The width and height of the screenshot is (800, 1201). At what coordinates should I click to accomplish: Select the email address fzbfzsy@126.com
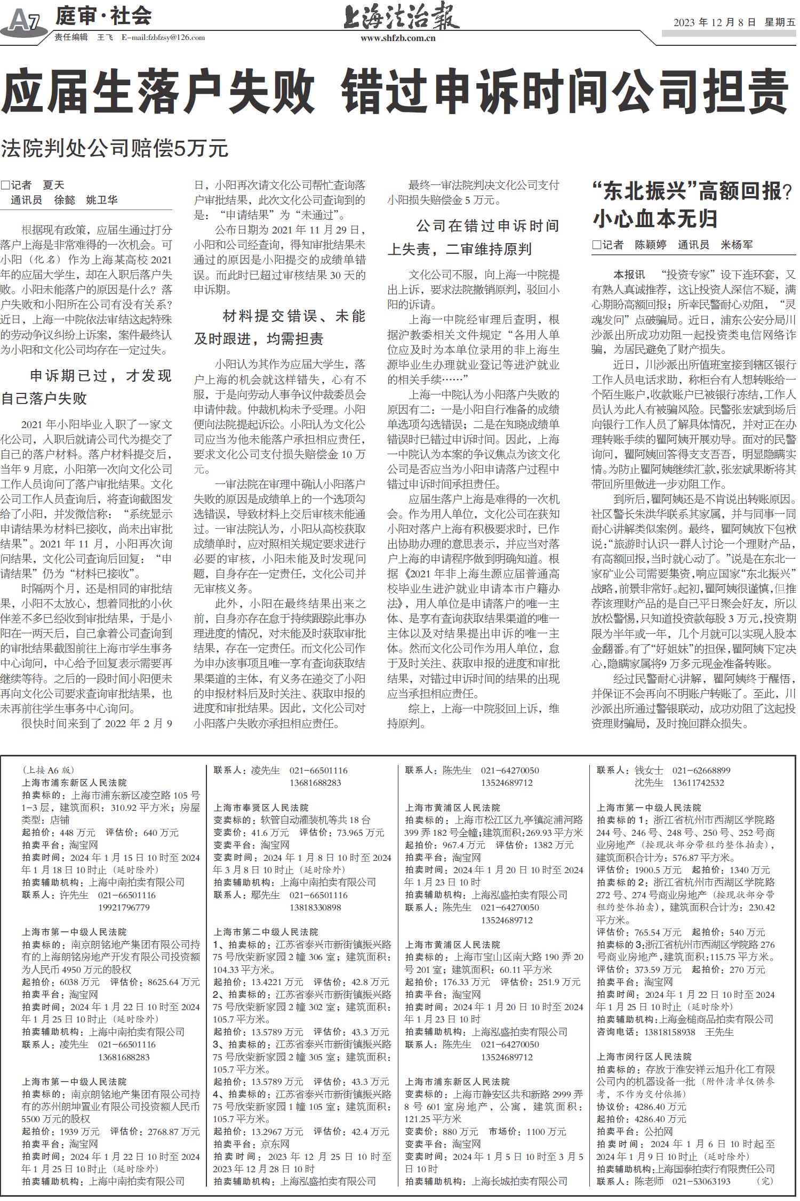(x=163, y=37)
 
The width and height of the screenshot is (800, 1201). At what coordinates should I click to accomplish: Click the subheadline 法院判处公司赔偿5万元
(x=115, y=148)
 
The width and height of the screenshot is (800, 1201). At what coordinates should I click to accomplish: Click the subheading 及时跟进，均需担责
(x=259, y=339)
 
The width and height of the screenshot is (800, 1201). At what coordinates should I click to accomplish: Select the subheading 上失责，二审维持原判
(x=459, y=249)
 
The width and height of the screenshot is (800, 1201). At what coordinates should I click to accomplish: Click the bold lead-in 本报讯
(x=629, y=275)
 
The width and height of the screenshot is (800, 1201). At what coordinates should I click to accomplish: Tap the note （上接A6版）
(x=49, y=770)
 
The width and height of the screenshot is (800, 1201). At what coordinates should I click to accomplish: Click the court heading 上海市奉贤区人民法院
(x=261, y=808)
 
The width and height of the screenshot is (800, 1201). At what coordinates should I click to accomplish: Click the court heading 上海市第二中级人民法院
(x=266, y=932)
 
